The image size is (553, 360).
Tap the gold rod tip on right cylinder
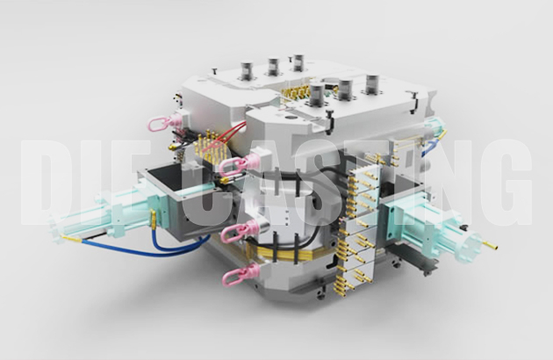point(491,238)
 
